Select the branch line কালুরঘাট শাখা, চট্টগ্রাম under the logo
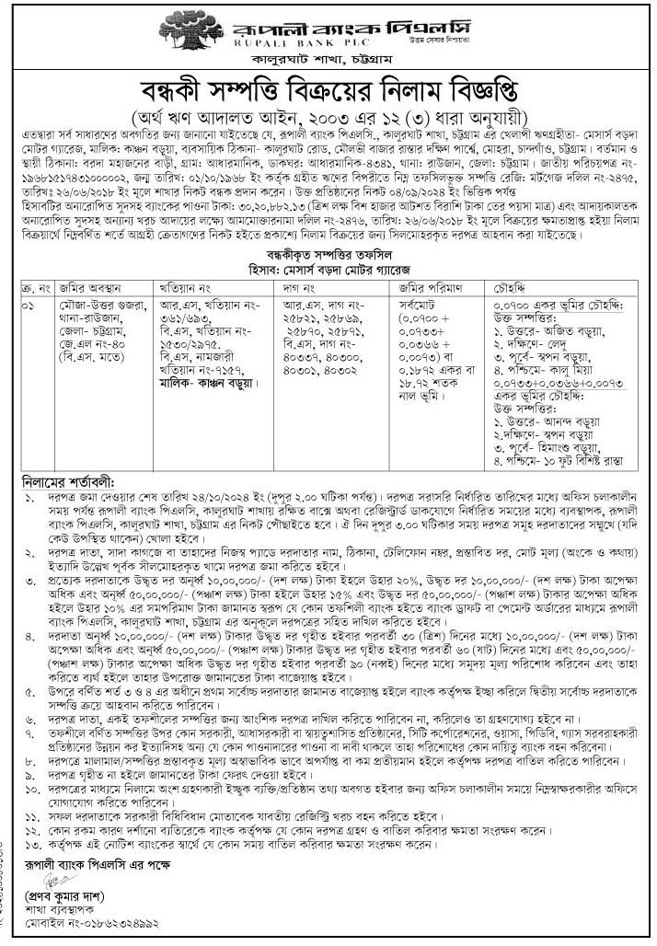tap(328, 63)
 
